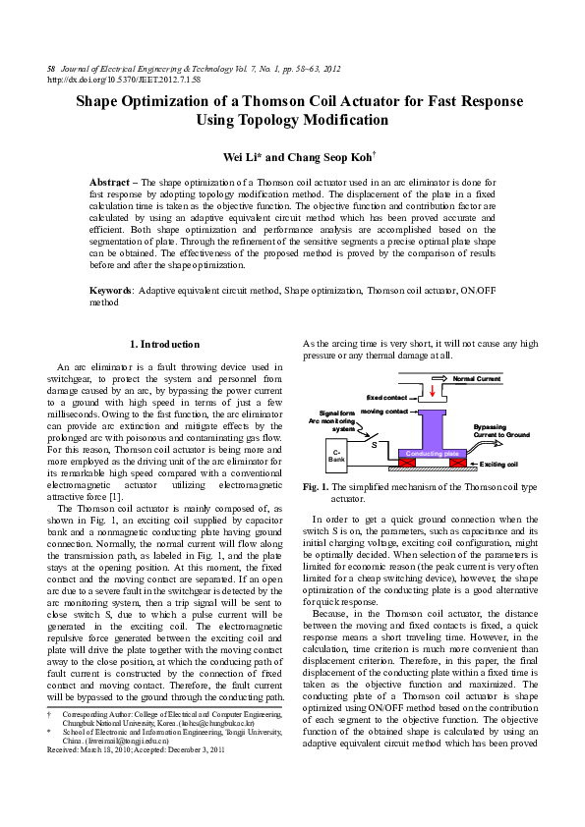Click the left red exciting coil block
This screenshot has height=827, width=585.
[404, 463]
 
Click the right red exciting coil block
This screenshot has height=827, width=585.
[456, 463]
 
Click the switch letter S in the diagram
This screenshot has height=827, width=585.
[375, 445]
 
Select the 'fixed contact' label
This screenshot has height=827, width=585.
[386, 397]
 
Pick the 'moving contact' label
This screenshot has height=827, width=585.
[383, 412]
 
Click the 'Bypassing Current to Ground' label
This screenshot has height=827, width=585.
[501, 430]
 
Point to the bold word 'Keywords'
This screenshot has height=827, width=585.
[111, 292]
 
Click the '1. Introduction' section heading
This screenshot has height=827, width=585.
[164, 345]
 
